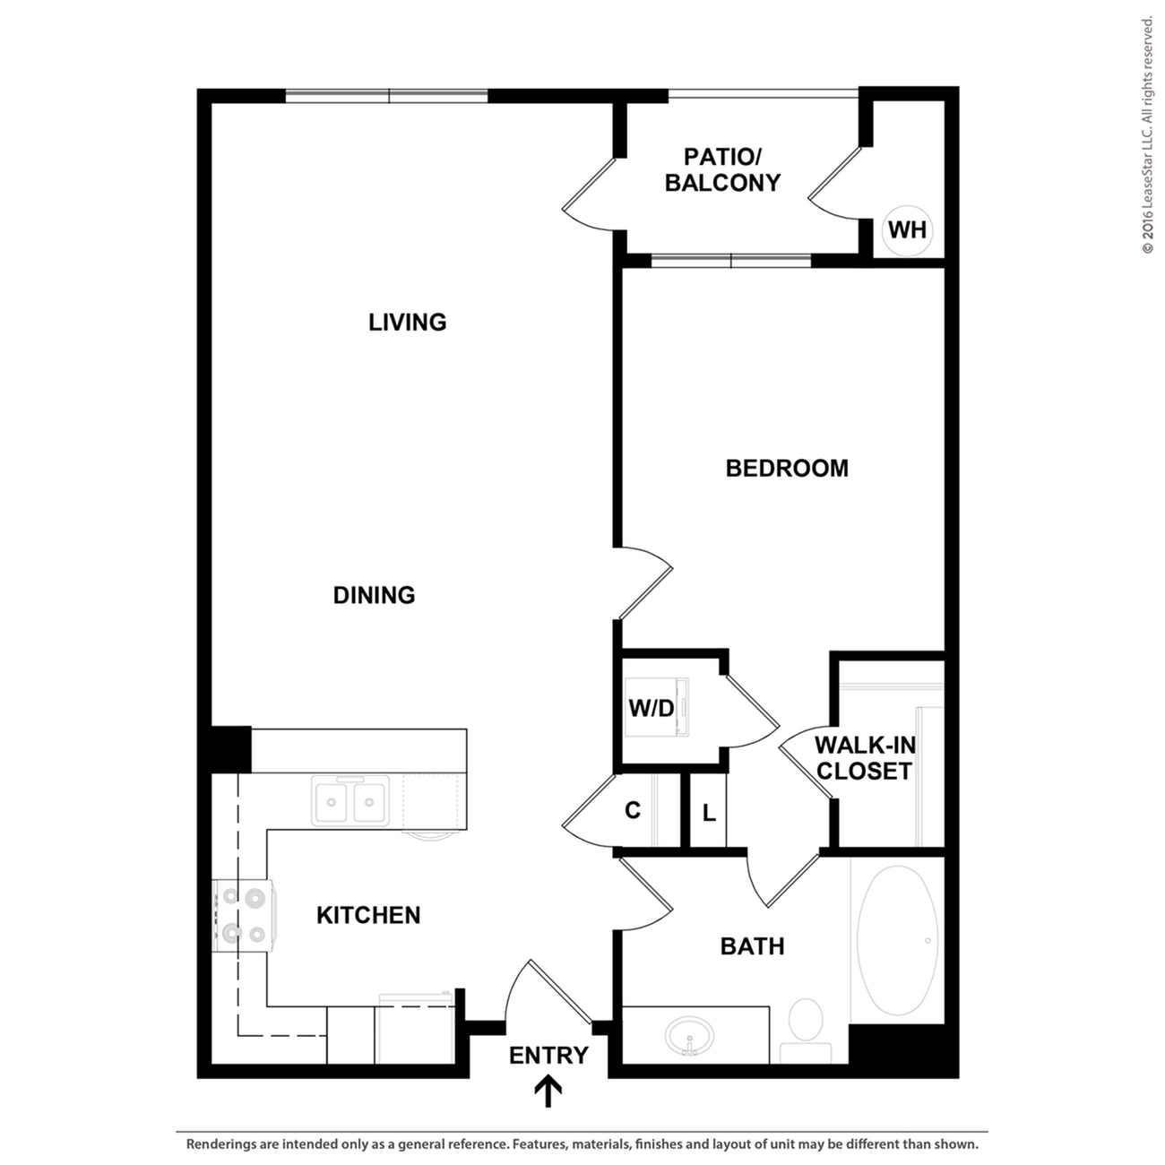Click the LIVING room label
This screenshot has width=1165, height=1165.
[x=407, y=322]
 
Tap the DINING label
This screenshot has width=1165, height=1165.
[x=374, y=595]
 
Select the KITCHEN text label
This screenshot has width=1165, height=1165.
[x=368, y=915]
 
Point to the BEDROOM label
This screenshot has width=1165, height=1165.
[x=786, y=468]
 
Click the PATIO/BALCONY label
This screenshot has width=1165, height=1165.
[x=722, y=169]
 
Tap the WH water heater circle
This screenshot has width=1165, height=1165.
[x=907, y=230]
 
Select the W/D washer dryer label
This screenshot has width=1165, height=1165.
[x=651, y=709]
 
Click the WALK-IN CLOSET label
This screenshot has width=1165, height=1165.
[x=865, y=758]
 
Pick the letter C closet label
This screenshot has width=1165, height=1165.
[x=633, y=811]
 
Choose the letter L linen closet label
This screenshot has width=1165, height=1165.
[x=709, y=814]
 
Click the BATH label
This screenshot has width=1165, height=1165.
[x=752, y=946]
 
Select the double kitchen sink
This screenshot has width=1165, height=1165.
[x=350, y=799]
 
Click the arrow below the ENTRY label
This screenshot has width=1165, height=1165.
[x=548, y=1091]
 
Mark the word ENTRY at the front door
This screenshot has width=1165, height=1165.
[x=548, y=1056]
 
